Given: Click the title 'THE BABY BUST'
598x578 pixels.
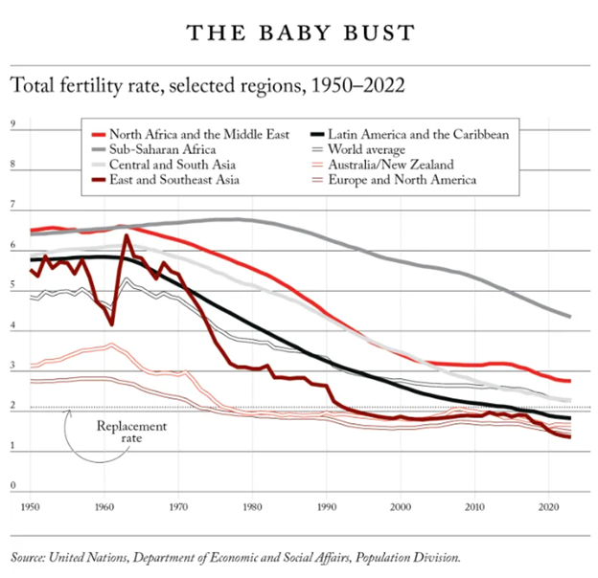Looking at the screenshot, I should (x=300, y=33).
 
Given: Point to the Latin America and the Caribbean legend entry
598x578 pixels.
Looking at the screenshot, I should (x=417, y=135).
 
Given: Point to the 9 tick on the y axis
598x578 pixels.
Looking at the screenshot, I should (x=13, y=124).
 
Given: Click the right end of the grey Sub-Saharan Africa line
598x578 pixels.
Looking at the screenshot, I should (x=570, y=316).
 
